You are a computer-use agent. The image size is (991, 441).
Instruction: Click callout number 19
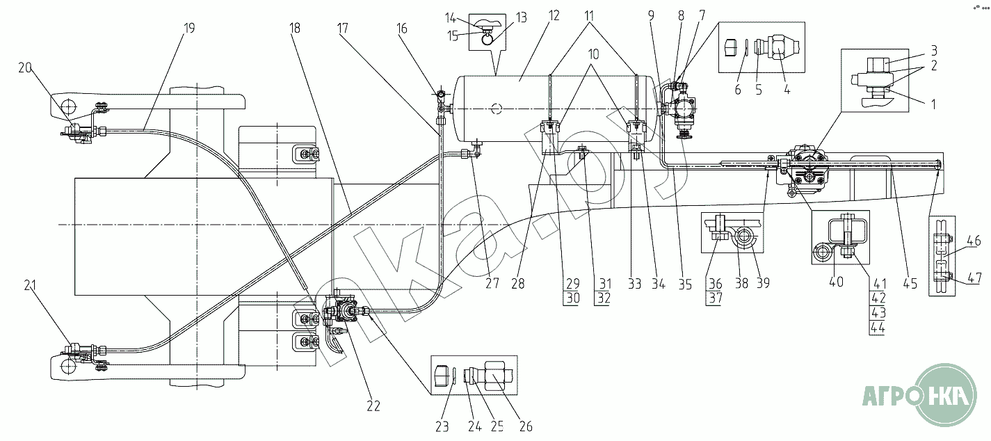tap(189, 29)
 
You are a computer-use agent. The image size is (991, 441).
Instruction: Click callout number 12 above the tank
tap(554, 15)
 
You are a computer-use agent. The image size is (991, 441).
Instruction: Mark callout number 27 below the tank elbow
tap(492, 283)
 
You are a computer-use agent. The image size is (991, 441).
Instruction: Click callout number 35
tap(685, 283)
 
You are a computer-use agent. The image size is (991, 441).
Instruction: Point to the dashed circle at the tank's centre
tap(495, 108)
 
